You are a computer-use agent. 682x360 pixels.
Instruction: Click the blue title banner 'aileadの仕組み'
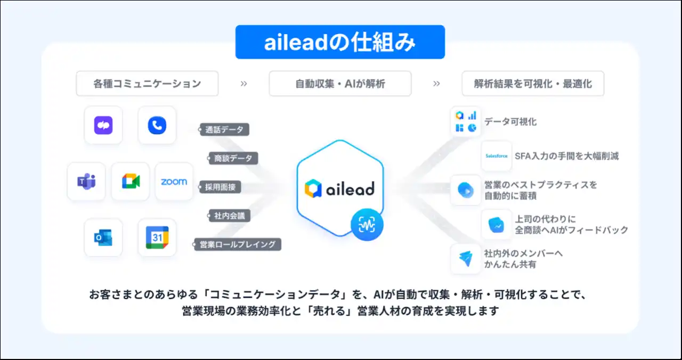tap(340, 42)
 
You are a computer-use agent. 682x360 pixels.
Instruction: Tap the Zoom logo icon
tap(174, 182)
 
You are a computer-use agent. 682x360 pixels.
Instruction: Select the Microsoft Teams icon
tap(86, 182)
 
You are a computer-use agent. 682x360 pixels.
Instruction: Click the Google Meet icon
tap(131, 182)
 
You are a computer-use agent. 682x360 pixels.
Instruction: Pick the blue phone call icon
tap(157, 125)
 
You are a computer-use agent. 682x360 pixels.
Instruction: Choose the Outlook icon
tap(103, 238)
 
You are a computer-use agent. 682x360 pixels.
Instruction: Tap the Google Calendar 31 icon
tap(157, 238)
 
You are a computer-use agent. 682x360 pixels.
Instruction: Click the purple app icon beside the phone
tap(103, 125)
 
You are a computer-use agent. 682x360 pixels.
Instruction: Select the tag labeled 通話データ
tap(224, 129)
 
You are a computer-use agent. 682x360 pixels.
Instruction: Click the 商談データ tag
tap(233, 158)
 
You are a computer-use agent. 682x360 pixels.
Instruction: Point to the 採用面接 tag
tap(220, 187)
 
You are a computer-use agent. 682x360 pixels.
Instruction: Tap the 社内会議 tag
tap(229, 216)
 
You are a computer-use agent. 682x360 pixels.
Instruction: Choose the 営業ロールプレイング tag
tap(237, 244)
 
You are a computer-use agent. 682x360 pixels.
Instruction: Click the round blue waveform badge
tap(367, 225)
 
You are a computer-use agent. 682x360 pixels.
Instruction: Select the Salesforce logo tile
tap(496, 156)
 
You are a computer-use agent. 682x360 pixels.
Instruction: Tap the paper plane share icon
tap(466, 259)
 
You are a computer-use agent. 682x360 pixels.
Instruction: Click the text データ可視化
tap(510, 122)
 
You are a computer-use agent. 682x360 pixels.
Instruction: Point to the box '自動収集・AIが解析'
tap(340, 84)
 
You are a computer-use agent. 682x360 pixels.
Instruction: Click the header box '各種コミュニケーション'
tap(148, 84)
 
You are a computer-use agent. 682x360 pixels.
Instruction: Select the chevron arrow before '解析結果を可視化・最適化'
tap(436, 84)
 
